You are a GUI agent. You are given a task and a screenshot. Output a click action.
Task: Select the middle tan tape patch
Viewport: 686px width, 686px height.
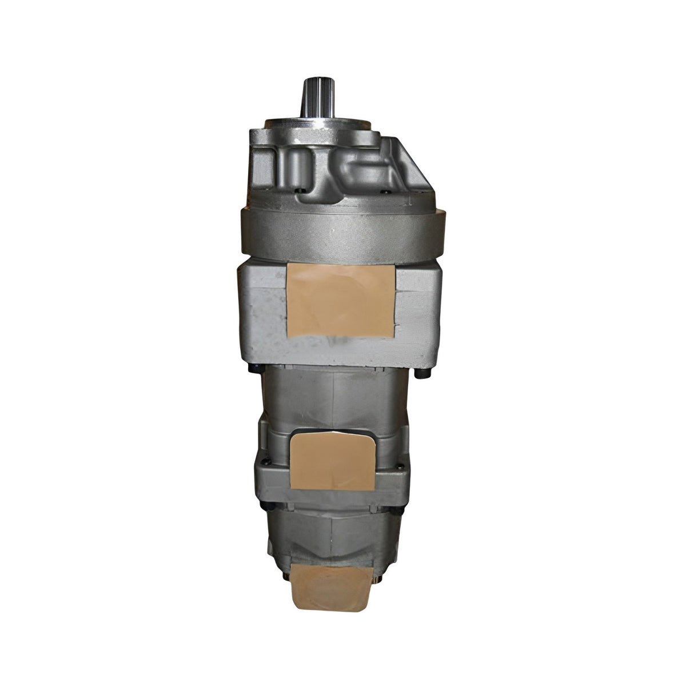coord(333,462)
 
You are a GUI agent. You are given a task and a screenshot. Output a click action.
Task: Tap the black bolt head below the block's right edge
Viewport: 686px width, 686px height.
coord(424,372)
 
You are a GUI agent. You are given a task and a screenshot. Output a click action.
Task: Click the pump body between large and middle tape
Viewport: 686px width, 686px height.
coord(332,394)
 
